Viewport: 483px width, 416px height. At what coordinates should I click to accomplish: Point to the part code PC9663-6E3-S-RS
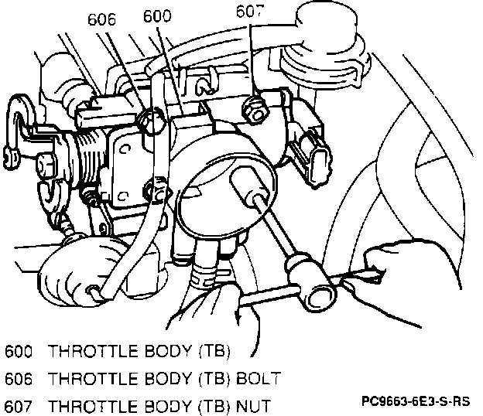415,402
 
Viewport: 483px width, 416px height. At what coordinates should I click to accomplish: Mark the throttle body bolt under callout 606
153,118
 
